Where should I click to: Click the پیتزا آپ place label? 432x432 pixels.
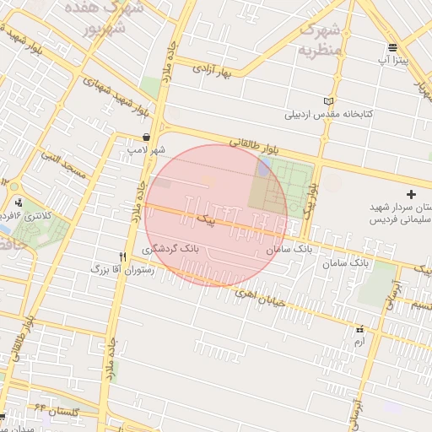pyautogui.click(x=392, y=61)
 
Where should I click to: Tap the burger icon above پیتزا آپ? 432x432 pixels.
pyautogui.click(x=392, y=47)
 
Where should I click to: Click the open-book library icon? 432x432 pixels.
pyautogui.click(x=328, y=101)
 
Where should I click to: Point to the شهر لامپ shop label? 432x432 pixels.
pyautogui.click(x=147, y=149)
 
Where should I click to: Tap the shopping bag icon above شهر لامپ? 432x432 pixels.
pyautogui.click(x=147, y=137)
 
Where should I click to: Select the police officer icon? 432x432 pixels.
pyautogui.click(x=19, y=202)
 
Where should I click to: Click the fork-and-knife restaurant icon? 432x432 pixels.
pyautogui.click(x=123, y=256)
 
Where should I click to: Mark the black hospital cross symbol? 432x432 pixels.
pyautogui.click(x=411, y=195)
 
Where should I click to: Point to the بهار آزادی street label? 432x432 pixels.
pyautogui.click(x=211, y=67)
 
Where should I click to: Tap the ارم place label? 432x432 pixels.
pyautogui.click(x=359, y=341)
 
